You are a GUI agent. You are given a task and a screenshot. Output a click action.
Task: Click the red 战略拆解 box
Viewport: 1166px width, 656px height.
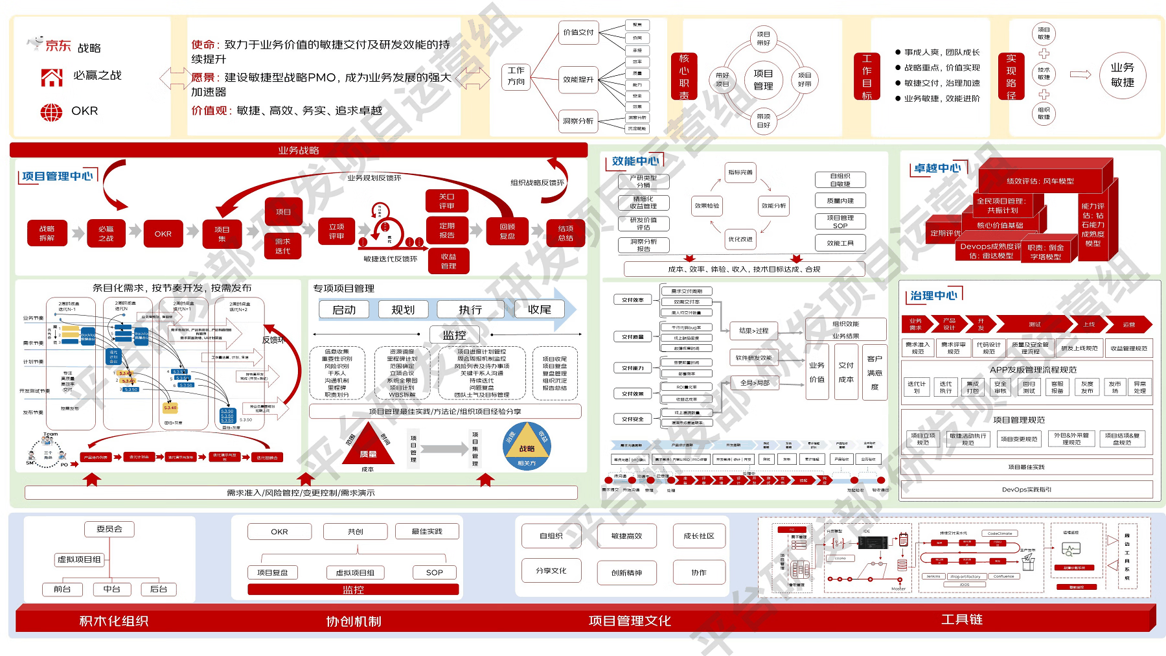coord(47,233)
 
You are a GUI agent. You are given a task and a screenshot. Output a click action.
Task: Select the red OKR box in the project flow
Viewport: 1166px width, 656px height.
coord(163,234)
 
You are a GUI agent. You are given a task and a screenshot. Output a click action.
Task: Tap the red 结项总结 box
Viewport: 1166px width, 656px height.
coord(566,233)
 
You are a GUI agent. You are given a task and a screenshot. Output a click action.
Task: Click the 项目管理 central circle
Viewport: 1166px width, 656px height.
coord(763,79)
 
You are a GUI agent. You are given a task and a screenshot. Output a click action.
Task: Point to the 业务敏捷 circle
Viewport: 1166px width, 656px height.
coord(1123,75)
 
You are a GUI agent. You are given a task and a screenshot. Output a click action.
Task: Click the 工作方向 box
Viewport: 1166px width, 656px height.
coord(516,76)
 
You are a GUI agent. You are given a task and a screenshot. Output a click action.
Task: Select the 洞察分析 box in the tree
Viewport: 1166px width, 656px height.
coord(578,121)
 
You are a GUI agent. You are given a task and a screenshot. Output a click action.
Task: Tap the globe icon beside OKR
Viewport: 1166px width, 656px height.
coord(51,112)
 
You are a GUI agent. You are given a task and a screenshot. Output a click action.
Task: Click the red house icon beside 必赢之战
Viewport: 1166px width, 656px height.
coord(52,77)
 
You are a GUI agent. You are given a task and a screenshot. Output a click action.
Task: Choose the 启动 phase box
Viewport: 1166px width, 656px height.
coord(344,310)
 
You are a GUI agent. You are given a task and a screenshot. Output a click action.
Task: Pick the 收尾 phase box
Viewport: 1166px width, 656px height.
coord(539,310)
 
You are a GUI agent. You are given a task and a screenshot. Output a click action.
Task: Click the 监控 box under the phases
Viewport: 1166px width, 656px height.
coord(455,334)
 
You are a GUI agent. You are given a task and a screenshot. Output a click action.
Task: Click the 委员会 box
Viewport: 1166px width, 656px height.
coord(109,529)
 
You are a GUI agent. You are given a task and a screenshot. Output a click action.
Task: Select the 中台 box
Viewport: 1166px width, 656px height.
coord(111,589)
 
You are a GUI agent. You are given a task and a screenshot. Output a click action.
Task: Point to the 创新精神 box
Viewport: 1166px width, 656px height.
coord(626,572)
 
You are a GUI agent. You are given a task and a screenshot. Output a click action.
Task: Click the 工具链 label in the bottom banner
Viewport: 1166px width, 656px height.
coord(962,619)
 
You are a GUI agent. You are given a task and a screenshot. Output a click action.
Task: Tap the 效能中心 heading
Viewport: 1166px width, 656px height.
coord(635,161)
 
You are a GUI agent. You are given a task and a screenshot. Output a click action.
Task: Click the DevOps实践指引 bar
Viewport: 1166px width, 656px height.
coord(1027,489)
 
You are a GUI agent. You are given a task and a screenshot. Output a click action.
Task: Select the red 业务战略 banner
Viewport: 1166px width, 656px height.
coord(299,150)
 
